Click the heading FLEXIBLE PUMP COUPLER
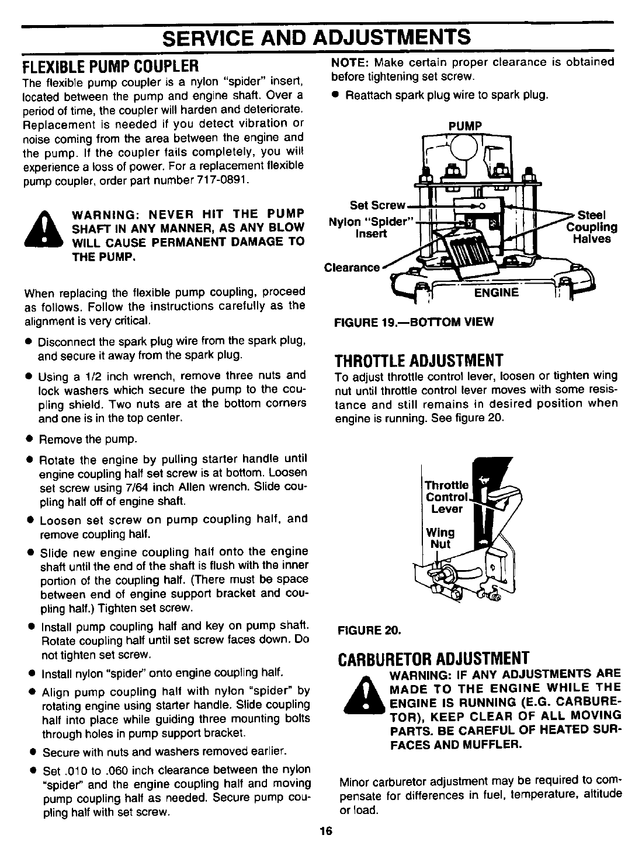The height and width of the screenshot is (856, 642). [110, 62]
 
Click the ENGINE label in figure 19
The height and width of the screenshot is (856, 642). [496, 292]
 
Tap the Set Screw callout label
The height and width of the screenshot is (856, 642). [377, 205]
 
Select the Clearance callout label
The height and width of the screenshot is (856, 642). [352, 268]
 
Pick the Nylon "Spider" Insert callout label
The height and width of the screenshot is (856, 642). [372, 228]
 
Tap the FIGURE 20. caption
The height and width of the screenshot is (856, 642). [369, 631]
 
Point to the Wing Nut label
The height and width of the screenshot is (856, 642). [440, 538]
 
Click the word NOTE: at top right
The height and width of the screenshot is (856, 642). [349, 62]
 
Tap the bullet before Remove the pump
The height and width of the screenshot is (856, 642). [29, 439]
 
